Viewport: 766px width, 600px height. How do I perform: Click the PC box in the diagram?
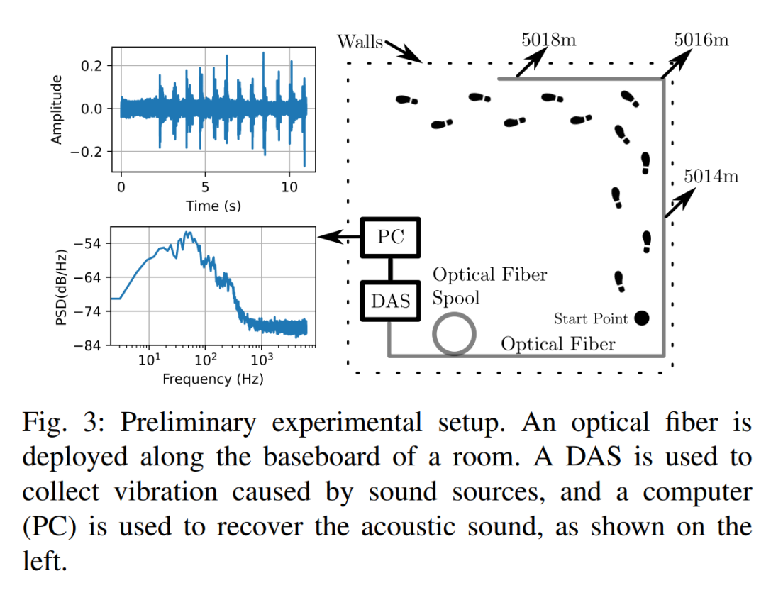coord(390,237)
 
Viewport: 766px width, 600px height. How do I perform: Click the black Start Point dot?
coord(642,318)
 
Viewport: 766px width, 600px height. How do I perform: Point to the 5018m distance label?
coord(549,40)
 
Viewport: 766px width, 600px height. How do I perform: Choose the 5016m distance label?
coord(701,40)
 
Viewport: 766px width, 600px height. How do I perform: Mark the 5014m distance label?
coord(711,176)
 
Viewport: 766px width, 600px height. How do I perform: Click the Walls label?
coord(360,41)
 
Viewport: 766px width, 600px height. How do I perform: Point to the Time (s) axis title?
coord(213,206)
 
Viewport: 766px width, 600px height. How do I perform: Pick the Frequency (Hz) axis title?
coord(213,379)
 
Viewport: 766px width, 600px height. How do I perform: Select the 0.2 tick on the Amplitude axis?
coord(94,66)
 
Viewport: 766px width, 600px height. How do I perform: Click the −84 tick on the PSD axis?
coord(91,345)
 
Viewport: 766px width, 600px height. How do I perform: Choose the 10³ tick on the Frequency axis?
coord(262,360)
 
